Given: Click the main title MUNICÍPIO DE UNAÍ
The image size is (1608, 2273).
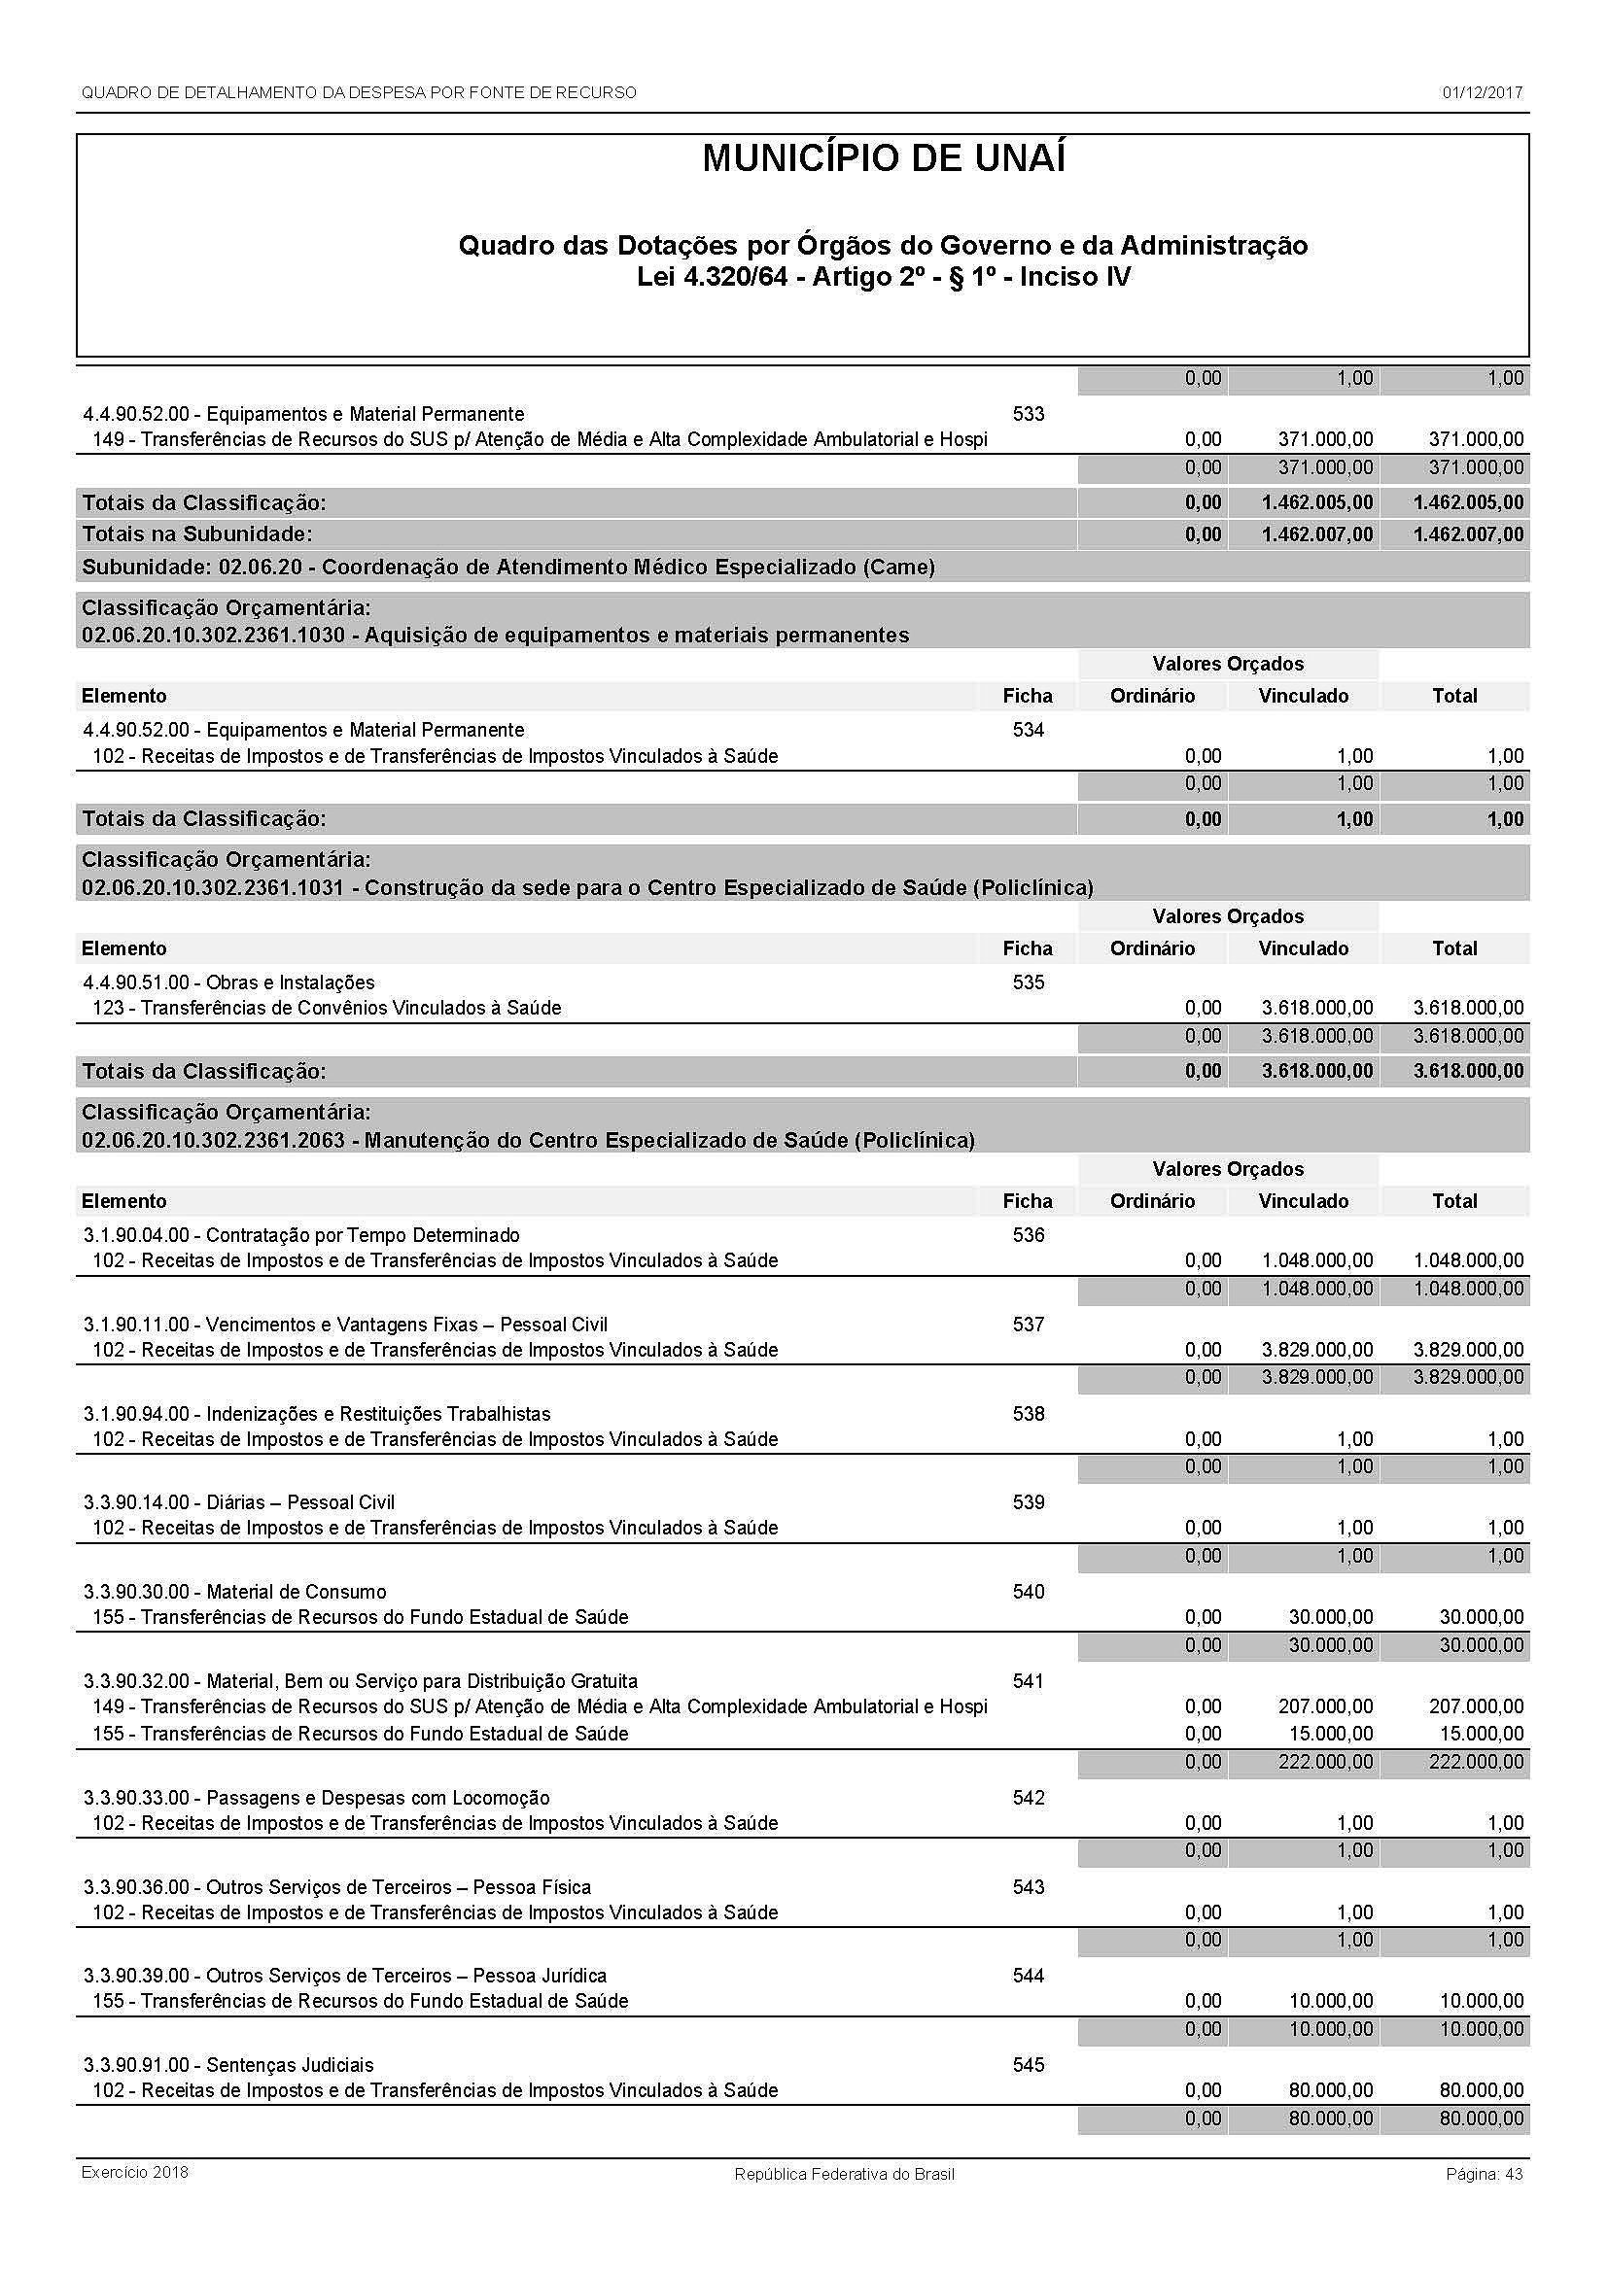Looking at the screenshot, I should [x=883, y=159].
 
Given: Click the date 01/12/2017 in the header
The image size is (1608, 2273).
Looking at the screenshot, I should [x=1482, y=93].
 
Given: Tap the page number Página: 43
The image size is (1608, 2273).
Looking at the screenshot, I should [x=1484, y=2174].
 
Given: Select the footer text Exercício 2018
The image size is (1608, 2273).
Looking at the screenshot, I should [x=135, y=2172].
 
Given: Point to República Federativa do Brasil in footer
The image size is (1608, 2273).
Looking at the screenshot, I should [x=844, y=2174].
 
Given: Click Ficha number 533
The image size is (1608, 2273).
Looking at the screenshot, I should [x=1028, y=414].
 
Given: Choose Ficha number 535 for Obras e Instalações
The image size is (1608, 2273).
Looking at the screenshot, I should [x=1028, y=982].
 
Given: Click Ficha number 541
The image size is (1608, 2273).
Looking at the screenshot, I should [x=1028, y=1681].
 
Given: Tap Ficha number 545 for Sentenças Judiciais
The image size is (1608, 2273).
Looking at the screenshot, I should [x=1028, y=2065].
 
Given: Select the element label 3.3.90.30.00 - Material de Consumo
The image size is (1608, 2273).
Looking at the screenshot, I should [x=234, y=1592].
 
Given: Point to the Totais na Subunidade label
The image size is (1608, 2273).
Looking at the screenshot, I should [x=196, y=534].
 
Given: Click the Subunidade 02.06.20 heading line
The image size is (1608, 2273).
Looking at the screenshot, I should [x=507, y=568].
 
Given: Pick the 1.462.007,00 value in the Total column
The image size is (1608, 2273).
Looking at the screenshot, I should [x=1468, y=534].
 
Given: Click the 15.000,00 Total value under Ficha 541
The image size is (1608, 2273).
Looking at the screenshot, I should [x=1482, y=1734].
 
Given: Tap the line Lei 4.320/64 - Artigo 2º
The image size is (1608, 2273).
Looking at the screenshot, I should [x=883, y=276].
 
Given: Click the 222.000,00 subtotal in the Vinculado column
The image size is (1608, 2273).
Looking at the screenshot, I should [x=1325, y=1762].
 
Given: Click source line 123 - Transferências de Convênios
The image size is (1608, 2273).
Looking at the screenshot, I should [x=327, y=1008].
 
